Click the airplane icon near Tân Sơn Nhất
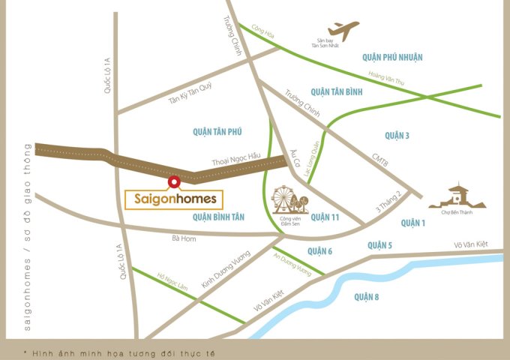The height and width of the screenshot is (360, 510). [x=343, y=31]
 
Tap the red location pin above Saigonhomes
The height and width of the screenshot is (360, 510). [x=173, y=181]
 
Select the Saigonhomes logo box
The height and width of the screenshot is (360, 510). [x=173, y=200]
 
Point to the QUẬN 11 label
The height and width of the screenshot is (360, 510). [x=325, y=217]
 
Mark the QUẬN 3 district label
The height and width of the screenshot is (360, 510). [x=397, y=135]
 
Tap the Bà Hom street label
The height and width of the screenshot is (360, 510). [x=184, y=239]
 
